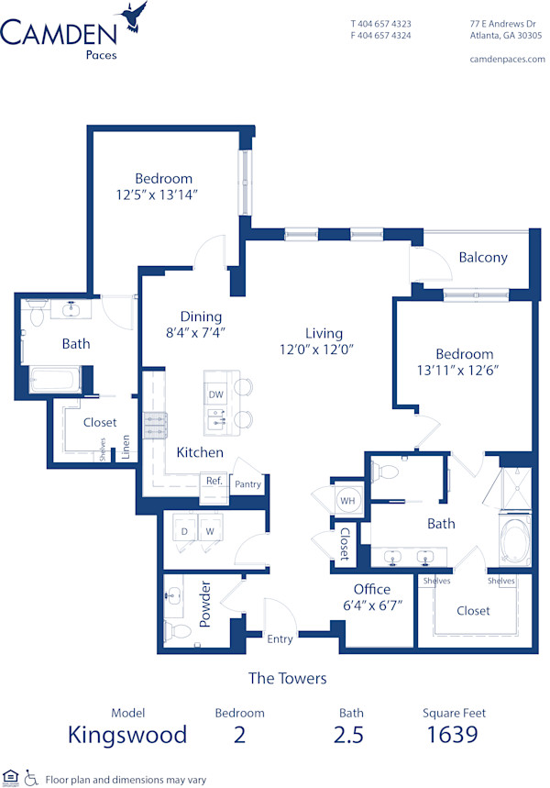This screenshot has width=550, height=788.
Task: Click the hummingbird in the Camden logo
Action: (x=133, y=17)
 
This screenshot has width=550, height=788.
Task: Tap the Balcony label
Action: (x=483, y=258)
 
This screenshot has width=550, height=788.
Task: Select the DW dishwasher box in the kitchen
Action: (x=216, y=394)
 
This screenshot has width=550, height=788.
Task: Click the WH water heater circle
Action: (x=347, y=501)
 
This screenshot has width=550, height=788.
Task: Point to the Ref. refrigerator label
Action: (x=214, y=481)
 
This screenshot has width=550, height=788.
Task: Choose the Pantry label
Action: (x=247, y=484)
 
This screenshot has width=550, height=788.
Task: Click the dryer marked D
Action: (x=185, y=531)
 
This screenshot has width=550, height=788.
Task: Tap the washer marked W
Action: (x=210, y=531)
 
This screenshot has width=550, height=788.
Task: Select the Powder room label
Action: (x=205, y=604)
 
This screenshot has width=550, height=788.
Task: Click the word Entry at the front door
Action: (x=280, y=638)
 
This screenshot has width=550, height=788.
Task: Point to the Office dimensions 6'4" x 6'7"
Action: (x=373, y=605)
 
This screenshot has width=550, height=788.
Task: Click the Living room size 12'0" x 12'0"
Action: (x=317, y=349)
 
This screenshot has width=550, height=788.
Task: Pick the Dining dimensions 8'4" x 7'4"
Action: (x=196, y=332)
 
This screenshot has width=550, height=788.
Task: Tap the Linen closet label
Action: (x=126, y=447)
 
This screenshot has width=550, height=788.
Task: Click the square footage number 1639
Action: (x=452, y=734)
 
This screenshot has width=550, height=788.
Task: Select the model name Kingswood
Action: (x=127, y=735)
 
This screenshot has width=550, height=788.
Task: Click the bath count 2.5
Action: (x=348, y=734)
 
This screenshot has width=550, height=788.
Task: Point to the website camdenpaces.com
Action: (x=507, y=60)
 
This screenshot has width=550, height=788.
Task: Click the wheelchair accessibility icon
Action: (x=31, y=777)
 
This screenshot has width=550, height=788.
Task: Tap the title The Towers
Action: (x=287, y=679)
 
